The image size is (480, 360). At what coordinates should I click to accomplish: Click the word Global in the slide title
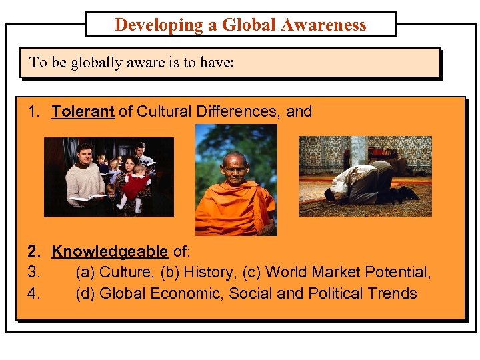pyautogui.click(x=249, y=25)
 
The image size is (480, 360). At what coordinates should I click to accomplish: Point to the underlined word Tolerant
pyautogui.click(x=83, y=111)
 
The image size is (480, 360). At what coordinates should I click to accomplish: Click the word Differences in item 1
pyautogui.click(x=239, y=111)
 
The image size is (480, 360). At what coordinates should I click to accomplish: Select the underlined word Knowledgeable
pyautogui.click(x=109, y=251)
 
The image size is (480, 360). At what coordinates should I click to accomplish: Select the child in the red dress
pyautogui.click(x=138, y=187)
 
